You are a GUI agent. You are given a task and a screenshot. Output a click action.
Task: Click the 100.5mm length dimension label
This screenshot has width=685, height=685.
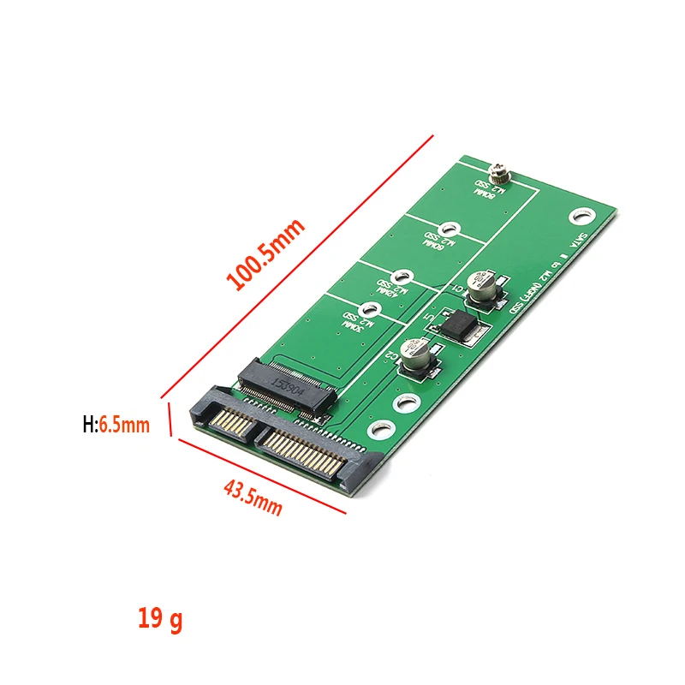pos(265,255)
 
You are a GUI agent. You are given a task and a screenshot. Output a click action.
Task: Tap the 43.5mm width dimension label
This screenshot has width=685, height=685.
pos(253,497)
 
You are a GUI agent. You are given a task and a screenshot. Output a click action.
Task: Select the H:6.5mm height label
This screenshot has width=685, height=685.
pos(116,424)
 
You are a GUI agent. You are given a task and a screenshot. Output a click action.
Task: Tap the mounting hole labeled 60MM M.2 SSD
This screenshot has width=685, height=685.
pos(454,229)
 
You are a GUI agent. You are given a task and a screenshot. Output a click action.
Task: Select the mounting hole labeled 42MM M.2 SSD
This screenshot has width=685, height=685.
pos(406,277)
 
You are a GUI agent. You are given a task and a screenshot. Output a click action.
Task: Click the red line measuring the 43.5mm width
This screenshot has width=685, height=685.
pos(260,476)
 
